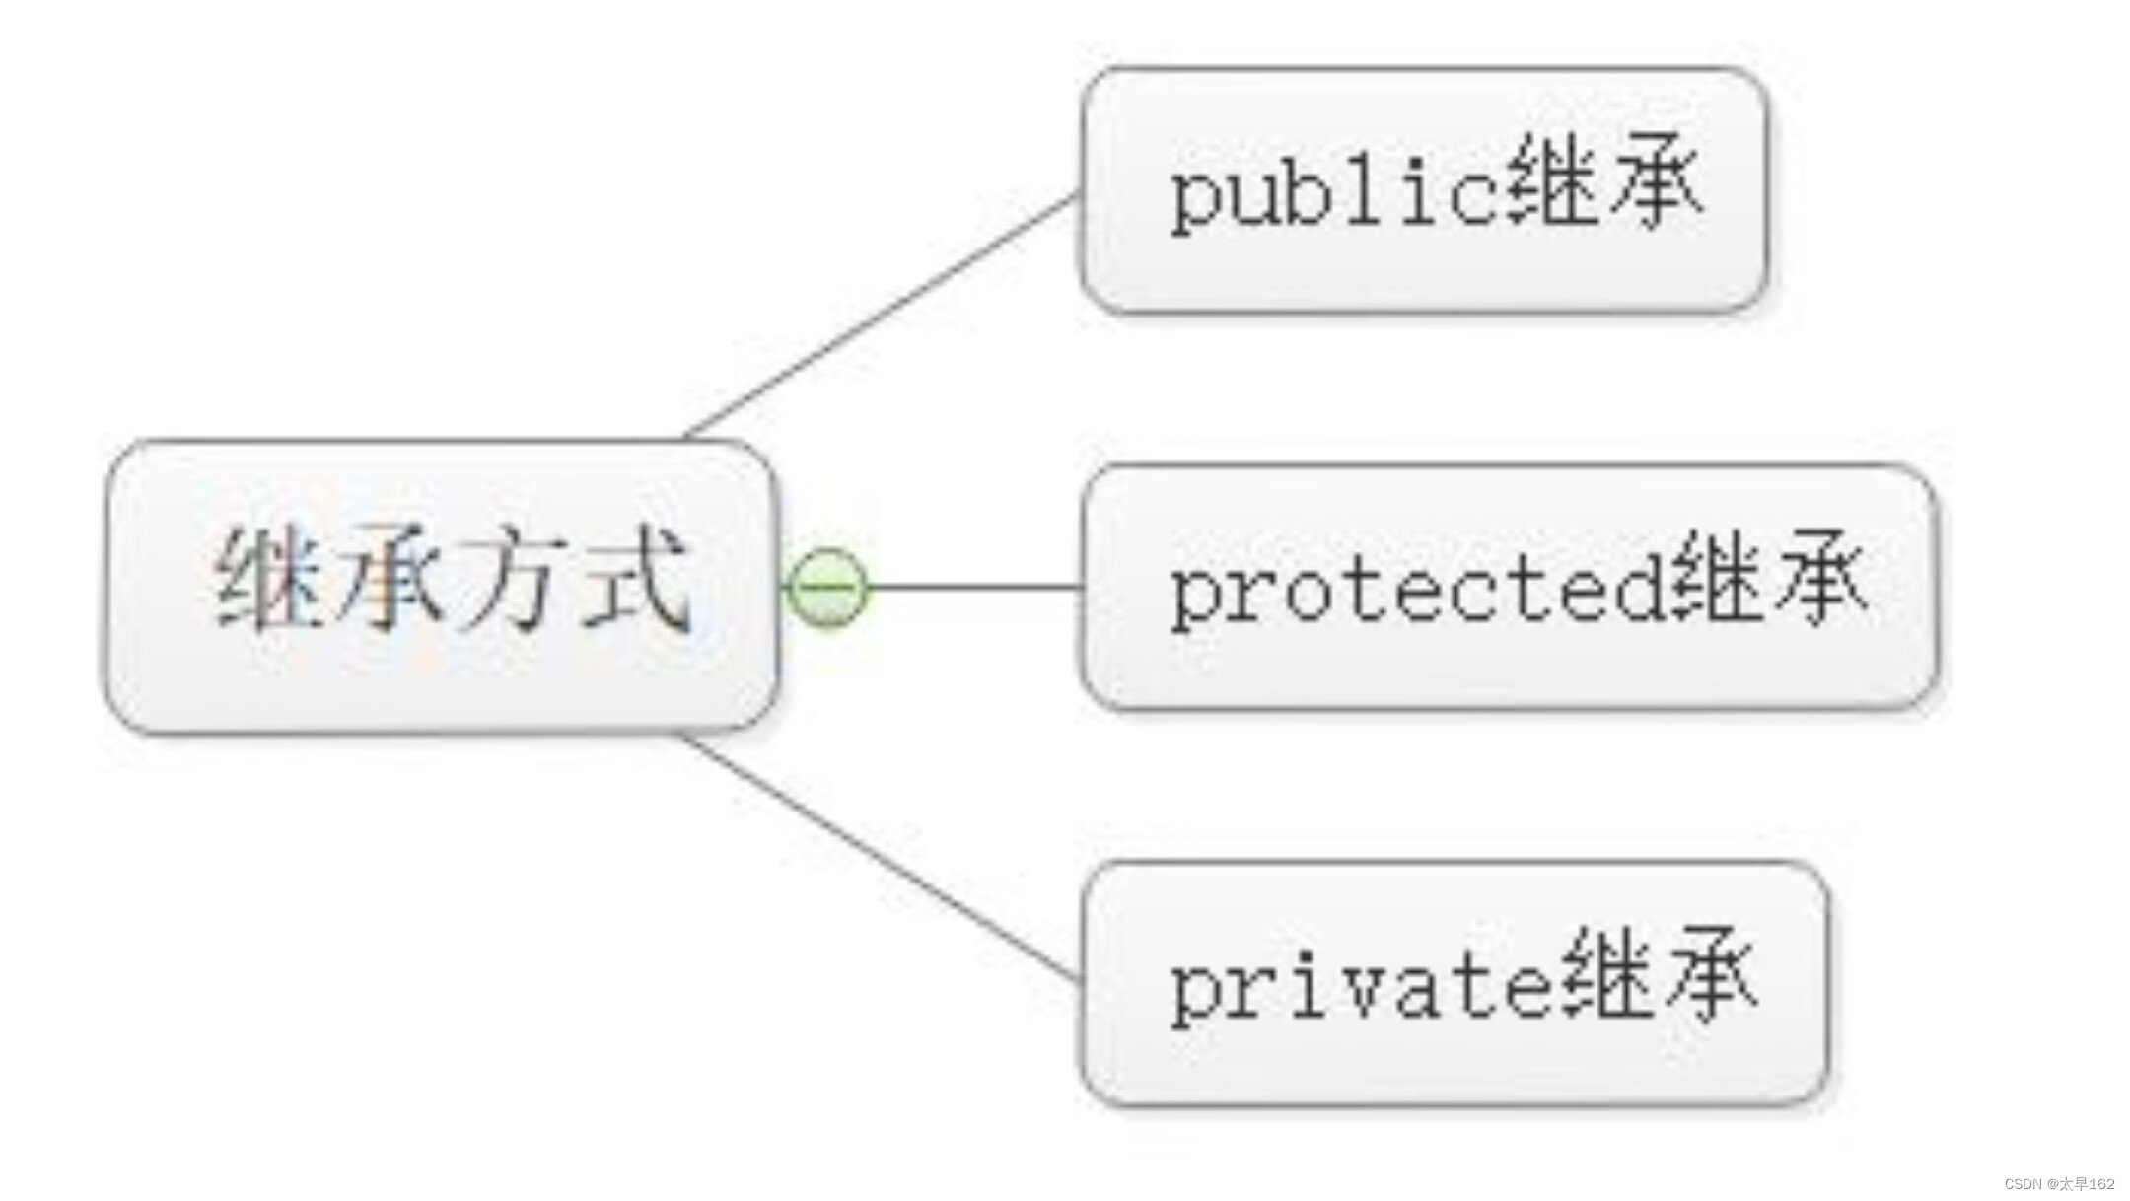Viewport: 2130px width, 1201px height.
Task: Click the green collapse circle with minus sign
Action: point(827,588)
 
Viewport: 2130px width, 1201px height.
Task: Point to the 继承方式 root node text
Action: point(452,580)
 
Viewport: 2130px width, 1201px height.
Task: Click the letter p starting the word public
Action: point(1195,199)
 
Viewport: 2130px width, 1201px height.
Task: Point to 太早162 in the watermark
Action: point(2087,1184)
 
